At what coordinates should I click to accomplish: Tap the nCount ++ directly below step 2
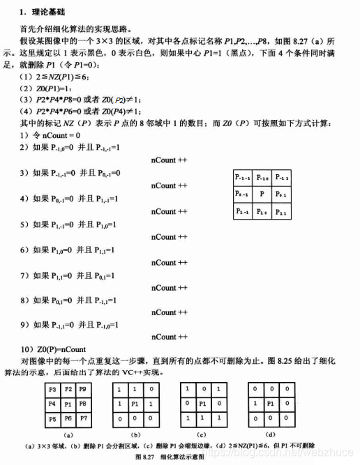(x=170, y=160)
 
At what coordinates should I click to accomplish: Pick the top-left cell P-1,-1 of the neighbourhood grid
(x=241, y=177)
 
